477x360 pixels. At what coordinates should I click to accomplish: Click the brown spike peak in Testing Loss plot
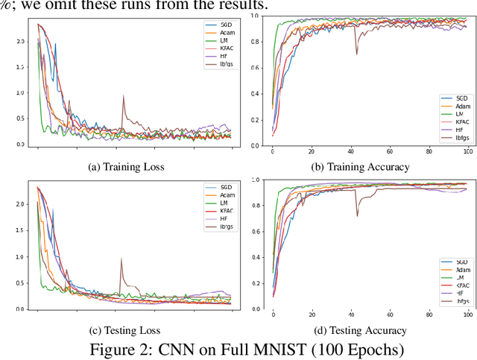click(121, 259)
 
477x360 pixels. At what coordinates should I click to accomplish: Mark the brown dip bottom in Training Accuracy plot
click(356, 54)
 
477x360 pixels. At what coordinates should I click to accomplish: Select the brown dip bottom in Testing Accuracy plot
click(356, 217)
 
